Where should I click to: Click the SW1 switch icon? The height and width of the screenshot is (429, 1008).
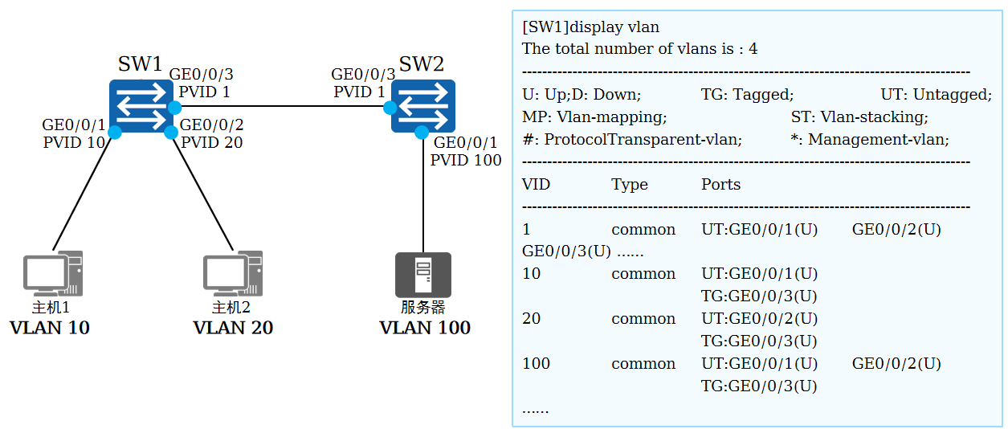[141, 106]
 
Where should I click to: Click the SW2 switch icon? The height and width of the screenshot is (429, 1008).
[422, 106]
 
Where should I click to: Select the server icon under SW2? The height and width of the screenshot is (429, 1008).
[423, 275]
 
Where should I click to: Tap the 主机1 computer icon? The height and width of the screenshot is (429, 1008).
[52, 274]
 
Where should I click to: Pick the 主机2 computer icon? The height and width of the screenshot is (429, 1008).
[232, 274]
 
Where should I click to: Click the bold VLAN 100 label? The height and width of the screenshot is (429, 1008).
[425, 328]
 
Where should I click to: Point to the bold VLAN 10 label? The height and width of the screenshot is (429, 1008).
[50, 328]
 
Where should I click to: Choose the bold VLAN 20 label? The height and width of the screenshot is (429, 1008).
[233, 328]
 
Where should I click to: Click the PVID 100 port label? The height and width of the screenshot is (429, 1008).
[466, 160]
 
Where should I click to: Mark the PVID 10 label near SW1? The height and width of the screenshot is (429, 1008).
[74, 142]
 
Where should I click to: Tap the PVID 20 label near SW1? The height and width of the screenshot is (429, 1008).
[211, 142]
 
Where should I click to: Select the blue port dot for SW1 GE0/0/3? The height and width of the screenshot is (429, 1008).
[174, 107]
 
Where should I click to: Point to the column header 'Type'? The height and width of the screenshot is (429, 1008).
[629, 184]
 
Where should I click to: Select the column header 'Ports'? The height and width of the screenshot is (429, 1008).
[720, 184]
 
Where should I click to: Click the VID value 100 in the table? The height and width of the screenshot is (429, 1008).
[536, 363]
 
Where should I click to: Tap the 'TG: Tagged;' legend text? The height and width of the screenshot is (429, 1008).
[747, 95]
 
